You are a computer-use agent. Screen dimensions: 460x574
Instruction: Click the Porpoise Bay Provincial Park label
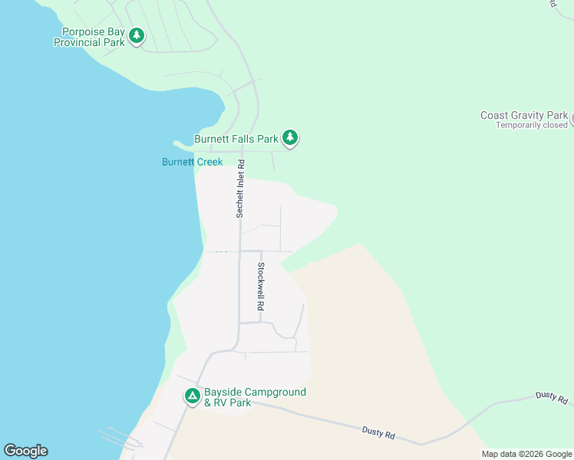pos(88,38)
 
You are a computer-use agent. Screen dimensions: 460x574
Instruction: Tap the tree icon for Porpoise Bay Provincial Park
pos(137,35)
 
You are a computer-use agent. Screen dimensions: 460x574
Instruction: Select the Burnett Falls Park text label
pos(236,140)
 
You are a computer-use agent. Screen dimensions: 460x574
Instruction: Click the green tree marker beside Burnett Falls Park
pos(289,138)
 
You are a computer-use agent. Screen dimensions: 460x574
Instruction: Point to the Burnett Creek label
pos(192,162)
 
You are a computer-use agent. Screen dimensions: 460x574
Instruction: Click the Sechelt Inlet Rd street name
pos(240,189)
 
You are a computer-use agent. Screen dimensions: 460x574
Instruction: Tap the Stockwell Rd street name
pos(261,286)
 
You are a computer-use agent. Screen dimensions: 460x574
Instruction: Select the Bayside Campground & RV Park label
pos(255,397)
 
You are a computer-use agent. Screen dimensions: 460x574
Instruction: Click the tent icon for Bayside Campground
pos(192,396)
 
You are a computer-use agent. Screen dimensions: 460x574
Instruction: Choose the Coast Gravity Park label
pos(524,116)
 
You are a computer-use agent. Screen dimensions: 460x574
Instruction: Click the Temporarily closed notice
pos(531,125)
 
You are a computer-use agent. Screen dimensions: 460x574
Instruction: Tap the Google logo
pos(25,451)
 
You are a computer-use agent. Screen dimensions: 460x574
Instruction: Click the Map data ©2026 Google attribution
pos(526,454)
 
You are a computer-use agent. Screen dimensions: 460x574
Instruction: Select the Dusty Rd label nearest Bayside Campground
pos(378,433)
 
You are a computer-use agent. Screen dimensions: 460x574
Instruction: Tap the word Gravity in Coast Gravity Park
pos(528,116)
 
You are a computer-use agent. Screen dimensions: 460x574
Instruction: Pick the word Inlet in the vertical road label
pos(240,185)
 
